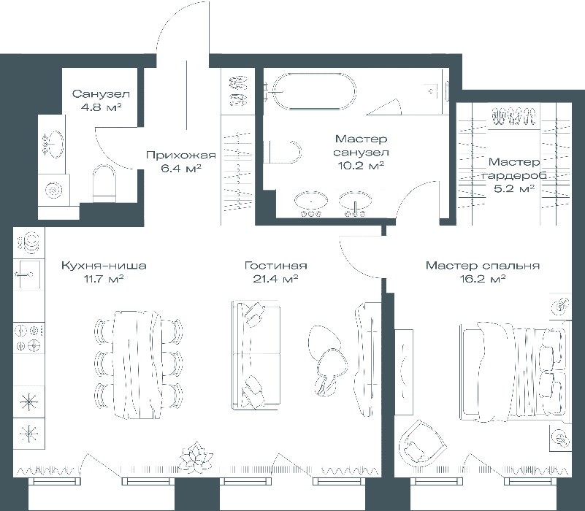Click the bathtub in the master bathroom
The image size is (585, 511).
click(x=314, y=91)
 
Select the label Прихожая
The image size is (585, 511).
click(x=181, y=155)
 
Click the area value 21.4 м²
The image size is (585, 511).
click(x=275, y=279)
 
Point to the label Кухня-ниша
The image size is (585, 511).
click(x=104, y=266)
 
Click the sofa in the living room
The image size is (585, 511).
click(x=256, y=355)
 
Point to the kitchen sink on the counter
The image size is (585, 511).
click(x=27, y=275)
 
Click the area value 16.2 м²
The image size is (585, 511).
click(x=483, y=279)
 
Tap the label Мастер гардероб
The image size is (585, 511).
click(x=514, y=169)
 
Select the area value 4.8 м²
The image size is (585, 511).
click(x=102, y=107)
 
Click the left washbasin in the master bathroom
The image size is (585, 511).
click(x=311, y=200)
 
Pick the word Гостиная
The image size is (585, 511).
click(x=276, y=266)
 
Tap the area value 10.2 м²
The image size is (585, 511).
click(x=361, y=165)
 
